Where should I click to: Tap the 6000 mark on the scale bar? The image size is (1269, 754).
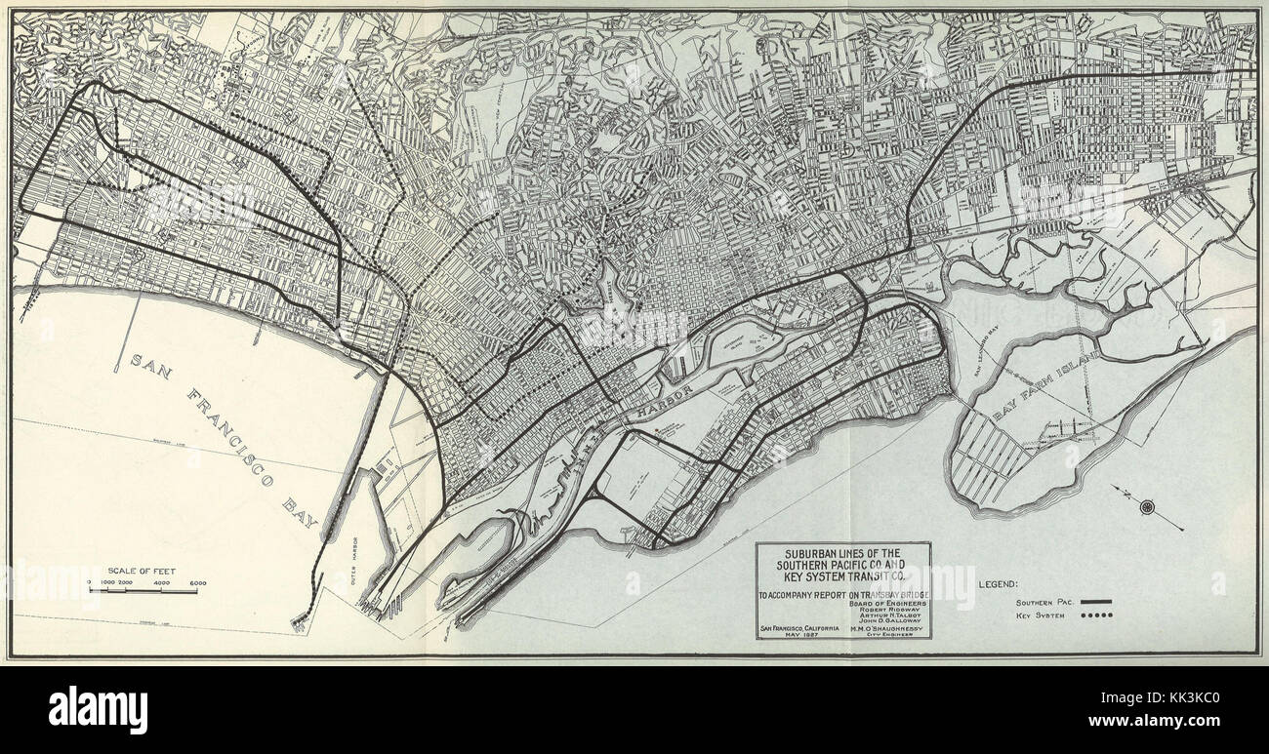tap(198, 582)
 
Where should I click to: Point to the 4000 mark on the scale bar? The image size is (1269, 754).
tap(162, 582)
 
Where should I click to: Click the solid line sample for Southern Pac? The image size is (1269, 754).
tap(1098, 602)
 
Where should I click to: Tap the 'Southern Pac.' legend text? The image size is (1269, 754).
tap(1044, 603)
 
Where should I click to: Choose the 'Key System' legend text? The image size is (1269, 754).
tap(1041, 616)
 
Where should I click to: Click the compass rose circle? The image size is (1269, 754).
tap(1146, 506)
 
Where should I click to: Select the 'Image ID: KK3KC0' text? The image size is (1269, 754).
tap(1202, 698)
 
